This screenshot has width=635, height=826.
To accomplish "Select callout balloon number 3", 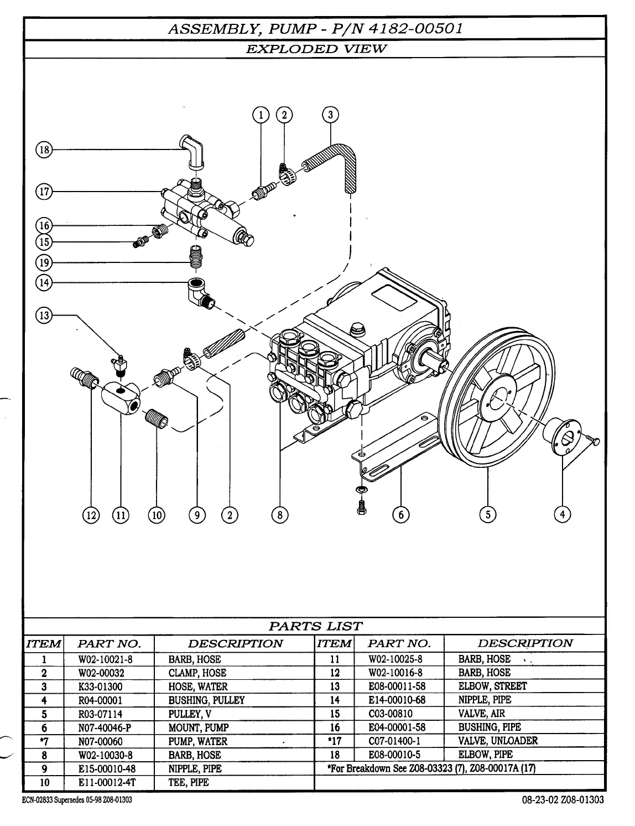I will point(330,115).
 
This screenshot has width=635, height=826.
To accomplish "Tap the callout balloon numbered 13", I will point(43,316).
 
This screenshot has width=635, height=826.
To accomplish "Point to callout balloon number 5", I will point(487,514).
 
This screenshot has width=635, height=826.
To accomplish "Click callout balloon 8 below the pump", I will point(280,515).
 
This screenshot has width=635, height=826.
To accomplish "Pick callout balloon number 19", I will point(43,262).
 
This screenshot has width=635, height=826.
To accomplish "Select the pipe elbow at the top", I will point(192,150).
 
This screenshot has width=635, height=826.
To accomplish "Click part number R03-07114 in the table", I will point(100,714).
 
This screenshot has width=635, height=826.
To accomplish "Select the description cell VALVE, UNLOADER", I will point(498,741).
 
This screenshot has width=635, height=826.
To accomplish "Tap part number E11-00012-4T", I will point(107,782).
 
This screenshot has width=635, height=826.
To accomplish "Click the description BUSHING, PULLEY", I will point(206,700).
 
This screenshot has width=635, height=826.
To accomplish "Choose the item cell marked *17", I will point(334,741).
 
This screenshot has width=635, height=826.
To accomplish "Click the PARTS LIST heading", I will point(315,626).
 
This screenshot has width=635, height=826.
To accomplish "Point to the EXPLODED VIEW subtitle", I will point(315,49).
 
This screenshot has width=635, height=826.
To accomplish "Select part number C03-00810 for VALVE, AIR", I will point(391,714).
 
